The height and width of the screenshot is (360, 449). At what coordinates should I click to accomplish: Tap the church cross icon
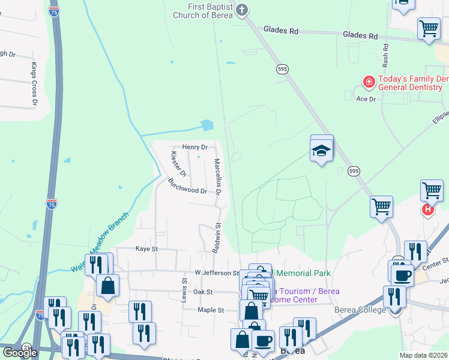(242, 10)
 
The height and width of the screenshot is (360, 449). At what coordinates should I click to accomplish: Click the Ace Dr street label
(366, 98)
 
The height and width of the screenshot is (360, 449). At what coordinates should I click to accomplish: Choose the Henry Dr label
(194, 146)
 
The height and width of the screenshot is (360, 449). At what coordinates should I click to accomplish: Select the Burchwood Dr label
(187, 186)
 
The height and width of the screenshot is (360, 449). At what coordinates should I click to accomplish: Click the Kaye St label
(146, 248)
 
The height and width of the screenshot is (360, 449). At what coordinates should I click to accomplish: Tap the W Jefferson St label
(217, 272)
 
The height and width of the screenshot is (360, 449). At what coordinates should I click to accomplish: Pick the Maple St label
(211, 310)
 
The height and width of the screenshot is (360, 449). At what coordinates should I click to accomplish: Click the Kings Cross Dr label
(34, 85)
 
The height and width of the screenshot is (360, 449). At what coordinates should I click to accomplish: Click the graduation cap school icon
(322, 151)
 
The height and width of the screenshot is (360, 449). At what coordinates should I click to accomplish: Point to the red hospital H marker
(427, 209)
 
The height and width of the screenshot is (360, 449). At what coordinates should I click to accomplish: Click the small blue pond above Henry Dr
(207, 126)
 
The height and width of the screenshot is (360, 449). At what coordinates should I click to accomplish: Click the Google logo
(20, 353)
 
